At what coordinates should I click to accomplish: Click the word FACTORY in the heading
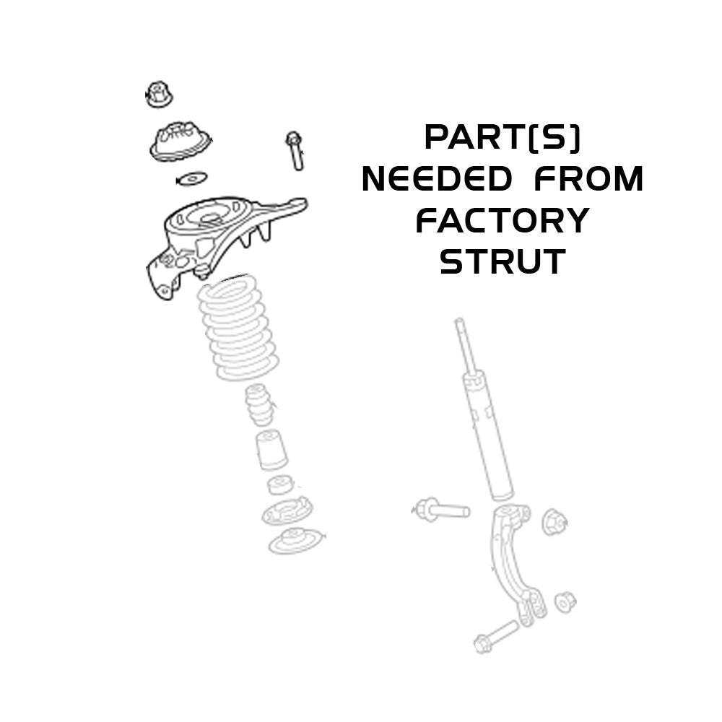click(x=503, y=220)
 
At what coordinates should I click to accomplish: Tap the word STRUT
click(x=503, y=261)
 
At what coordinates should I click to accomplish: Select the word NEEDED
click(x=437, y=179)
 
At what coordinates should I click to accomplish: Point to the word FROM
click(x=588, y=179)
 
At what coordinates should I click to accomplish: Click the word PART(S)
click(x=503, y=138)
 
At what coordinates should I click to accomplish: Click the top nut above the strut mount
click(x=159, y=95)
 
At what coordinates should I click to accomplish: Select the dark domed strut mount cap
click(x=180, y=141)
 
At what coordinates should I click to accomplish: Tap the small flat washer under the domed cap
click(x=192, y=178)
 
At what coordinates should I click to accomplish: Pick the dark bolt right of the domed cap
click(x=295, y=151)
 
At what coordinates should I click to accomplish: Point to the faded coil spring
click(x=238, y=328)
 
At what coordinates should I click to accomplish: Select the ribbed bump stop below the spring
click(x=260, y=405)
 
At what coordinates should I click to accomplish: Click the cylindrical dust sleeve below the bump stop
click(x=271, y=450)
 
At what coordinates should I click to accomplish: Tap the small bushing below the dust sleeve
click(x=279, y=485)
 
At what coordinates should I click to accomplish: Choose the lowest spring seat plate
click(x=295, y=541)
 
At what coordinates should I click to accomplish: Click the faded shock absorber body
click(x=484, y=409)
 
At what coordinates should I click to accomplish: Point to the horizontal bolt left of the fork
click(x=440, y=510)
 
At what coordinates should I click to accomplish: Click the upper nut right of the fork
click(x=554, y=522)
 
